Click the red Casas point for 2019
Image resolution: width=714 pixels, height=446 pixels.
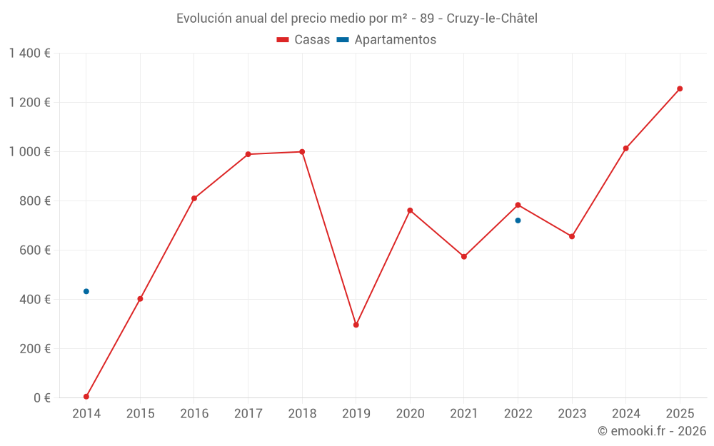click(356, 325)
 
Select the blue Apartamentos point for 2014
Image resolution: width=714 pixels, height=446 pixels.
click(86, 291)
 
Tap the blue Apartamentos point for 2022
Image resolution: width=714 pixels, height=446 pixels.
click(518, 221)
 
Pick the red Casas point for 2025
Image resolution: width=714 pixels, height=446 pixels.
click(680, 88)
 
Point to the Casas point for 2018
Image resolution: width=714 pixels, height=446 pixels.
click(302, 151)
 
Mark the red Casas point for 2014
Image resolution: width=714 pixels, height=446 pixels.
click(86, 397)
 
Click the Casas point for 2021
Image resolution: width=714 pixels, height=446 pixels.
click(464, 256)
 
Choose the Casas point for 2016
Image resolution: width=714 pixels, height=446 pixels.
click(194, 198)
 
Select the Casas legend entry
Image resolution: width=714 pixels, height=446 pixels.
click(303, 40)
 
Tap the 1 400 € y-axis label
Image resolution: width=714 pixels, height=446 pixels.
click(30, 53)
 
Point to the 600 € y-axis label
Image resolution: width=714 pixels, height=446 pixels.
click(35, 250)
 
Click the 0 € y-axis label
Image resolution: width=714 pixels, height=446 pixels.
click(41, 398)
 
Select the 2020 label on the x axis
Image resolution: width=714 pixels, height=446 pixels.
click(410, 414)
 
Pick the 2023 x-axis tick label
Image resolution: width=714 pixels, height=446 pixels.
click(572, 414)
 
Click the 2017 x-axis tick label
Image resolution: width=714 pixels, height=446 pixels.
click(248, 414)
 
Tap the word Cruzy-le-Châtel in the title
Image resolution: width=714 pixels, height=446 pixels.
click(492, 19)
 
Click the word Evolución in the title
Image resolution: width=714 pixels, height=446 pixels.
click(203, 19)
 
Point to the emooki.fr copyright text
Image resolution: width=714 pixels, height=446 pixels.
click(651, 431)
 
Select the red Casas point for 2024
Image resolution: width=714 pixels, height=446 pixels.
click(625, 148)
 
